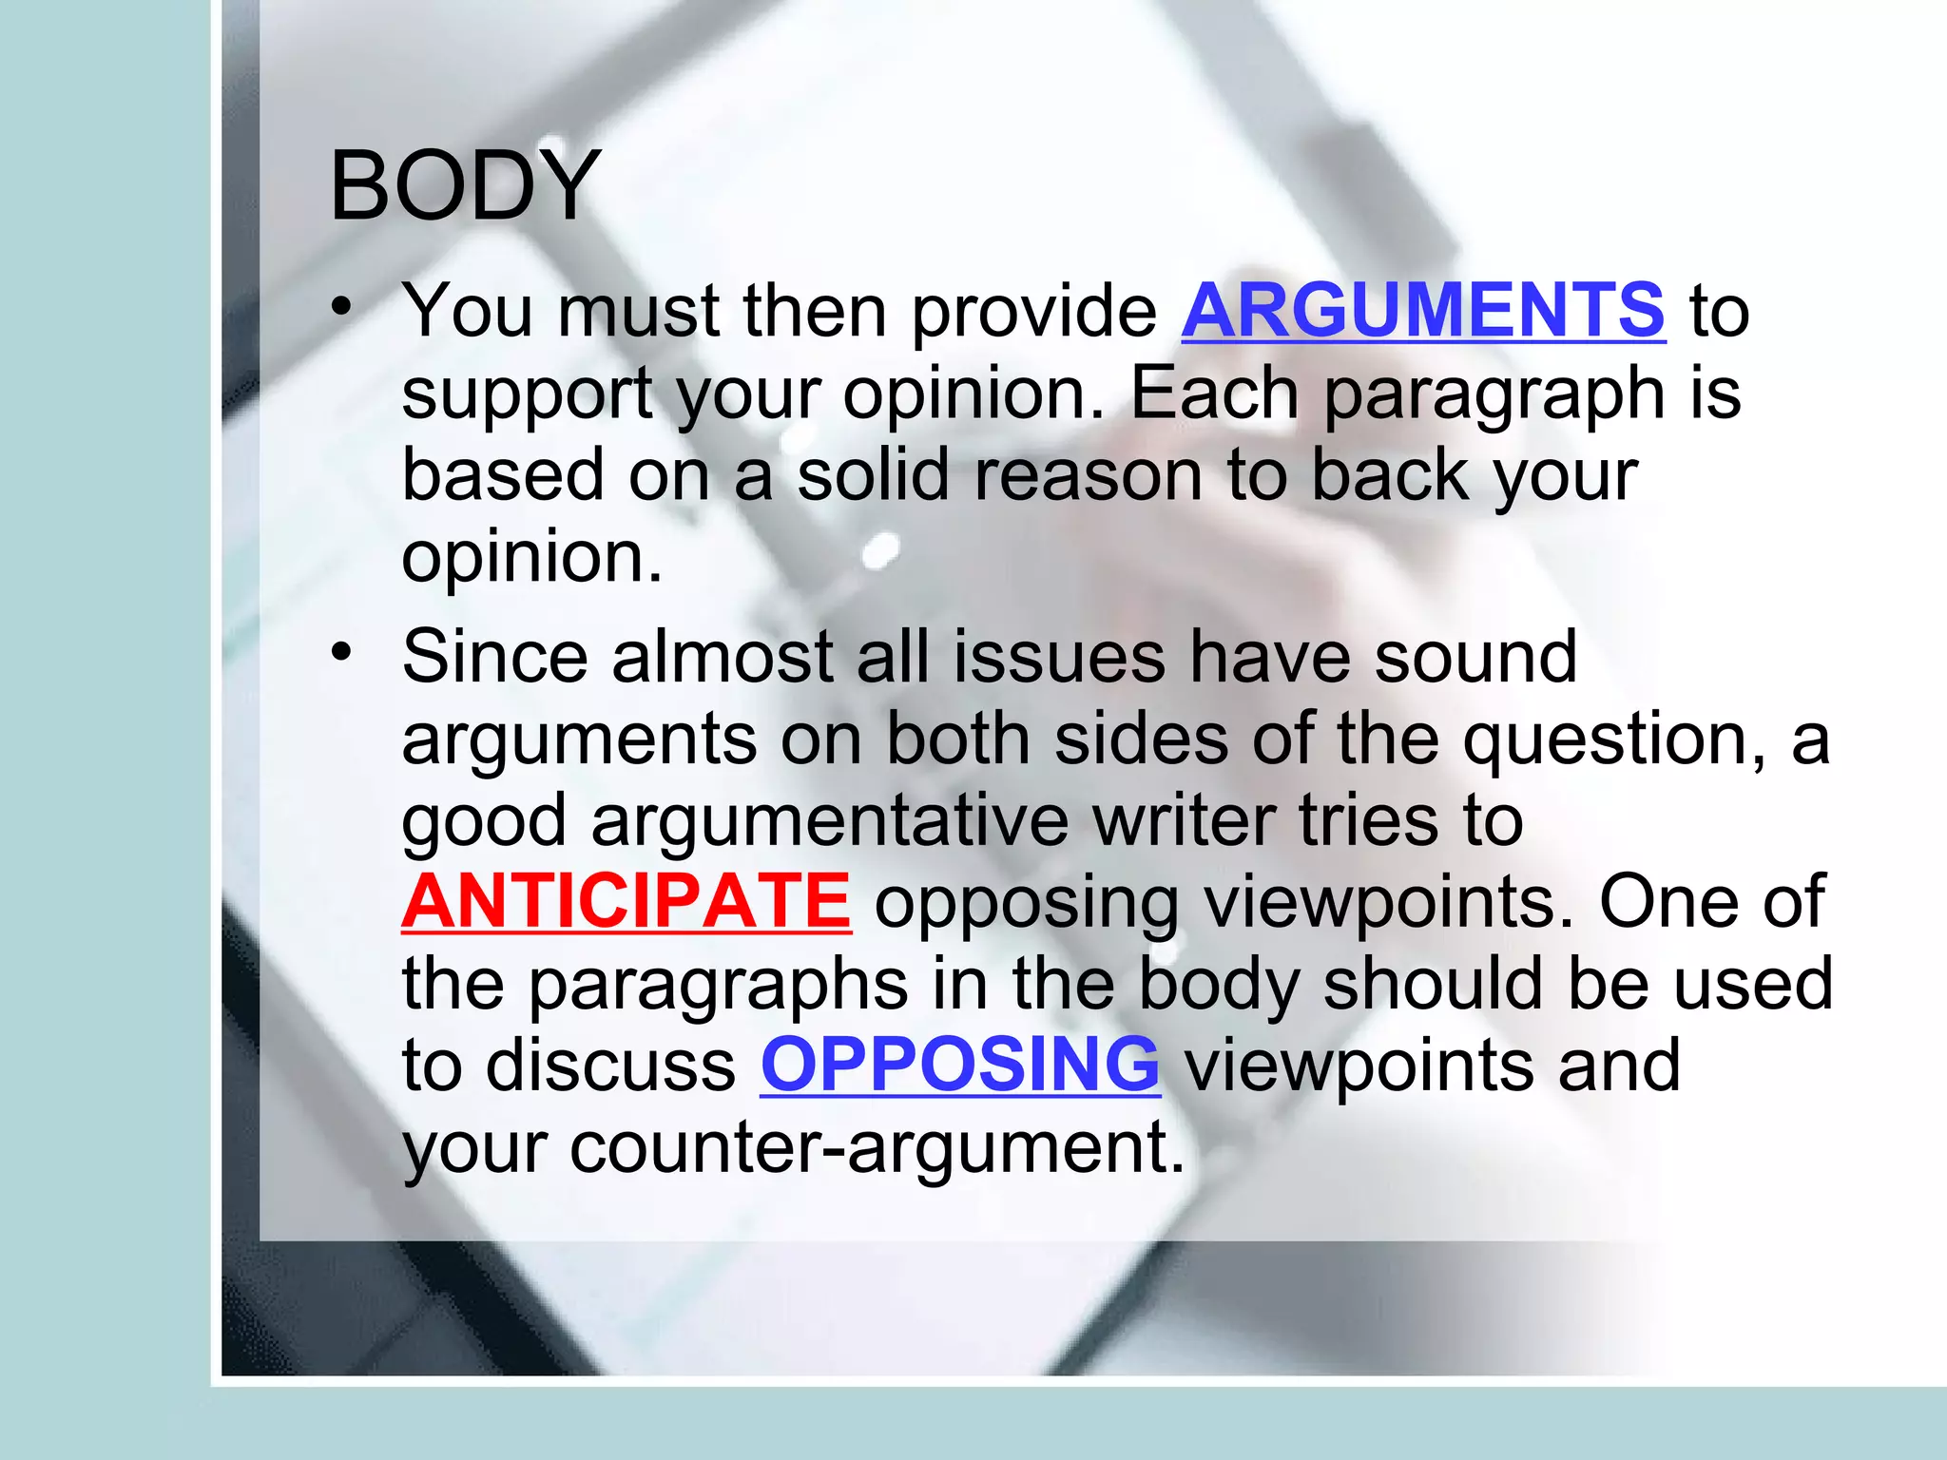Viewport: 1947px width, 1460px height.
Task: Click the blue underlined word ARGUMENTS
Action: pos(1422,311)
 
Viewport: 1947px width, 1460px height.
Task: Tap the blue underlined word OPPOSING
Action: pos(959,1065)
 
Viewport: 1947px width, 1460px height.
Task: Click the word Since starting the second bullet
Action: pos(495,657)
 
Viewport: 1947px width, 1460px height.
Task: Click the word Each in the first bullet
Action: pos(1213,394)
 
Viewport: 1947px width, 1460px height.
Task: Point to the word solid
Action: pos(873,475)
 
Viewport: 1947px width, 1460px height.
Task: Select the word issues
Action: pos(1059,657)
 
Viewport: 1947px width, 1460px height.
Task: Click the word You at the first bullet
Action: pos(467,311)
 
